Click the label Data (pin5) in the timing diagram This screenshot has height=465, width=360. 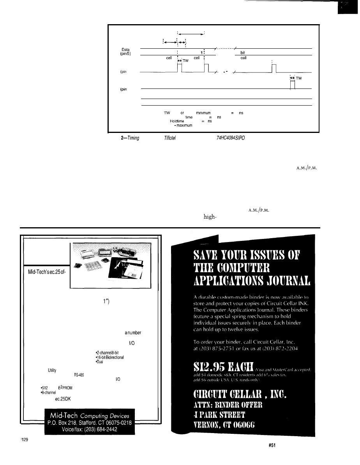coord(125,52)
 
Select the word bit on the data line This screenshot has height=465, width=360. coord(245,51)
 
